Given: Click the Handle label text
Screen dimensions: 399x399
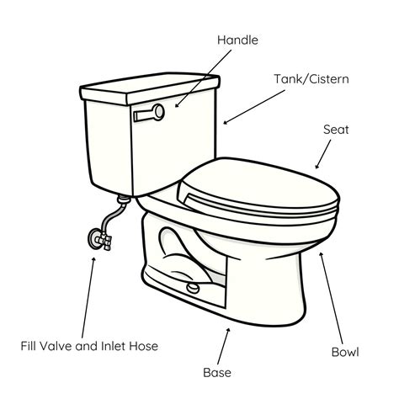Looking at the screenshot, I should pyautogui.click(x=238, y=40).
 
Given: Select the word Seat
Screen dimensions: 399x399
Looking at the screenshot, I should pyautogui.click(x=337, y=130).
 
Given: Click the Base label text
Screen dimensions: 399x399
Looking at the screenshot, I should pyautogui.click(x=217, y=371).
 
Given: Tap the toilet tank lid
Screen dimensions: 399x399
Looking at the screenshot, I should pyautogui.click(x=149, y=85).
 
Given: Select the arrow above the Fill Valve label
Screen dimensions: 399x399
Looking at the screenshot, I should pyautogui.click(x=88, y=295).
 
